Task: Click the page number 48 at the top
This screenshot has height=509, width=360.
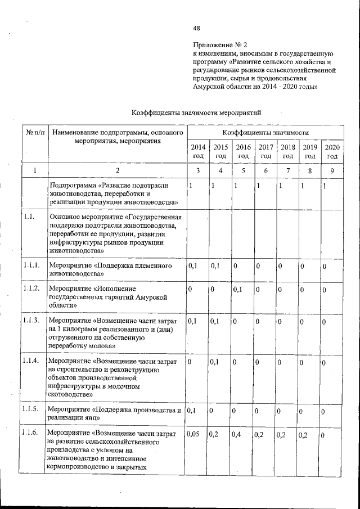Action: click(x=196, y=28)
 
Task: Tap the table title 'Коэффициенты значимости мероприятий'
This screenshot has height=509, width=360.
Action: click(x=196, y=112)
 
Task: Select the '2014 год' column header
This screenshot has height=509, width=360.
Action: click(x=197, y=151)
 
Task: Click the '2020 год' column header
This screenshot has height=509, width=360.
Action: click(x=332, y=151)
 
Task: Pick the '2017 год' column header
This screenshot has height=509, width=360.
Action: click(x=265, y=151)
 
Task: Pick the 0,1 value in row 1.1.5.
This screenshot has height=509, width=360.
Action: click(x=192, y=412)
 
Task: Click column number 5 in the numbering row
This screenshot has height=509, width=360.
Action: click(x=243, y=170)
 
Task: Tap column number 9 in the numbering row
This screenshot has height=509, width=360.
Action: click(x=332, y=170)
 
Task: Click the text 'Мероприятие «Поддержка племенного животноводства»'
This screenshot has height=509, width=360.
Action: click(x=115, y=269)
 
